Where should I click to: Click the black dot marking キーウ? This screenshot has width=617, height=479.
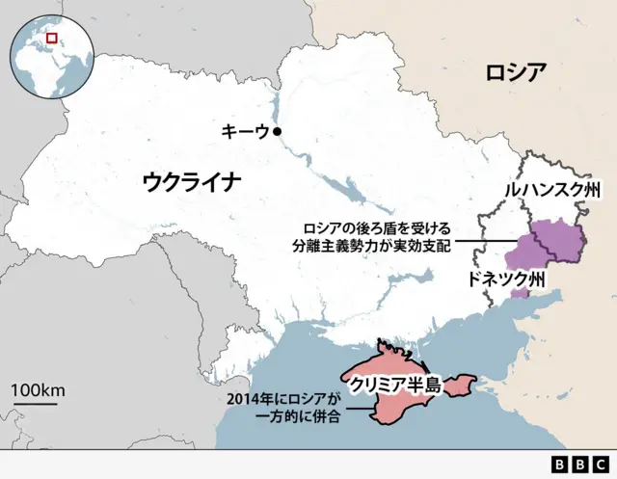(x=278, y=131)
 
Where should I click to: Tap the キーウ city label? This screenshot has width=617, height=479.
(x=245, y=132)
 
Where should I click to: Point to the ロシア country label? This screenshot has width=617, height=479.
(x=516, y=72)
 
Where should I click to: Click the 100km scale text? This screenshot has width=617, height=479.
(x=38, y=390)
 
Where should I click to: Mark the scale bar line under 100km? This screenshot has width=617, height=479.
(x=35, y=405)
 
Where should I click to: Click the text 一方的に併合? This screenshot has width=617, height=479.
(x=298, y=417)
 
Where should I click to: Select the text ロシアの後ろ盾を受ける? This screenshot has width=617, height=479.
(x=376, y=227)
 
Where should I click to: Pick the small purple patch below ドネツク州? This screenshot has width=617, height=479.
(x=521, y=292)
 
